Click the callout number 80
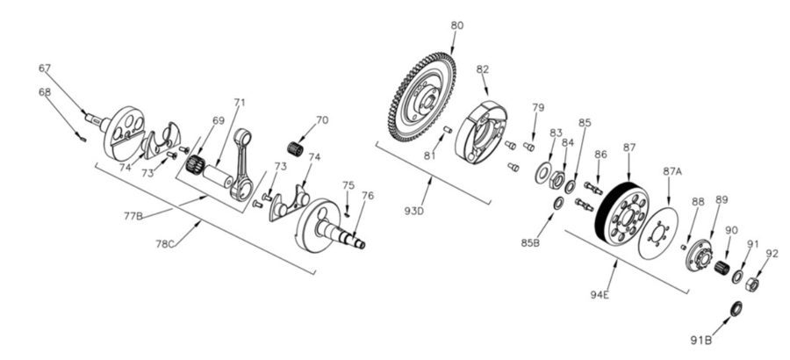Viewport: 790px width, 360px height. pos(456,25)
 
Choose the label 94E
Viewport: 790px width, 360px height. pos(600,295)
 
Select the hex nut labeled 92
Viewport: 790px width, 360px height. pos(752,284)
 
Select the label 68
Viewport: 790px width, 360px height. pos(45,91)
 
